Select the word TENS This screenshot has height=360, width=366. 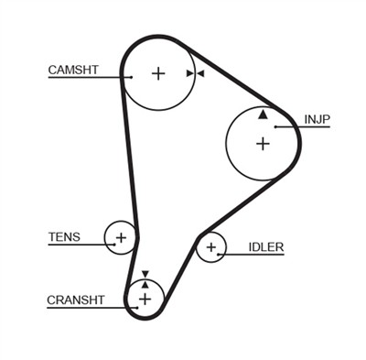[x=64, y=237]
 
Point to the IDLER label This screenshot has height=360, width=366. [x=266, y=246]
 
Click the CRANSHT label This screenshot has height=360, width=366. [x=76, y=300]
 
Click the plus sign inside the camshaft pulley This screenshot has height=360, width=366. [x=158, y=73]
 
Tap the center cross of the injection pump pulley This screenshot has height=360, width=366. [x=264, y=143]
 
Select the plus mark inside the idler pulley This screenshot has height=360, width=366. [x=211, y=246]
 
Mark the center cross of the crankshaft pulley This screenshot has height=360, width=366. [x=144, y=299]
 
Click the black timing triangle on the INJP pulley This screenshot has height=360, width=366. [x=264, y=115]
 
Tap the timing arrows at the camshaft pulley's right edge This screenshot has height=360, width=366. [x=194, y=73]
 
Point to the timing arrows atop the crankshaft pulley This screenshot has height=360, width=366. [x=144, y=278]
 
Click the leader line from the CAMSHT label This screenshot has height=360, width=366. [x=87, y=78]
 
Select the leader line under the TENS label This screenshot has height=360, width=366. [x=78, y=245]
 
